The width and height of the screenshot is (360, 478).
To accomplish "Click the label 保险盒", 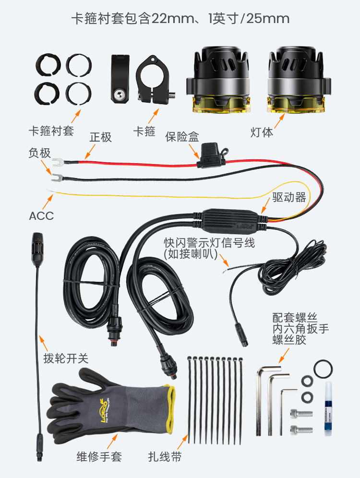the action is (x=182, y=137).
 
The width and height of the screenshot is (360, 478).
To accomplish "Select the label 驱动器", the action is (x=289, y=197).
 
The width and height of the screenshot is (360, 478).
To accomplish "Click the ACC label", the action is (x=41, y=216).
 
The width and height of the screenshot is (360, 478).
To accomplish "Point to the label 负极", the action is (x=40, y=153).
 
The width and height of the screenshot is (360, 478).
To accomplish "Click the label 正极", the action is (x=101, y=137).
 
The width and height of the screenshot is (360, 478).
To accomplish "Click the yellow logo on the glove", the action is (x=104, y=410).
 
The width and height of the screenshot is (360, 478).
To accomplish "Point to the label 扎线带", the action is (x=165, y=457).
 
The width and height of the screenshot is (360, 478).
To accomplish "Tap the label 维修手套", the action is (x=99, y=457).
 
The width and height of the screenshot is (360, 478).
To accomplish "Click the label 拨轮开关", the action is (x=66, y=358).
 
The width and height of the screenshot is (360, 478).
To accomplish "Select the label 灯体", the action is (x=262, y=132).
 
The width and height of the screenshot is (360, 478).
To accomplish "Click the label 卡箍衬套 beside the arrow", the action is (x=51, y=131).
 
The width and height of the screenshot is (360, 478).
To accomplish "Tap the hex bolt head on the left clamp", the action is (x=120, y=96).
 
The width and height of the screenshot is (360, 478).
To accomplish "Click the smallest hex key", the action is (x=287, y=412).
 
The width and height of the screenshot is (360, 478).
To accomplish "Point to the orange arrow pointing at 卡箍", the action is (x=154, y=116).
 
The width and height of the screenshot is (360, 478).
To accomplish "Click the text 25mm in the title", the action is (x=268, y=19).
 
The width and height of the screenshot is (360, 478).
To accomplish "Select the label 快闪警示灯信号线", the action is (x=209, y=243).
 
